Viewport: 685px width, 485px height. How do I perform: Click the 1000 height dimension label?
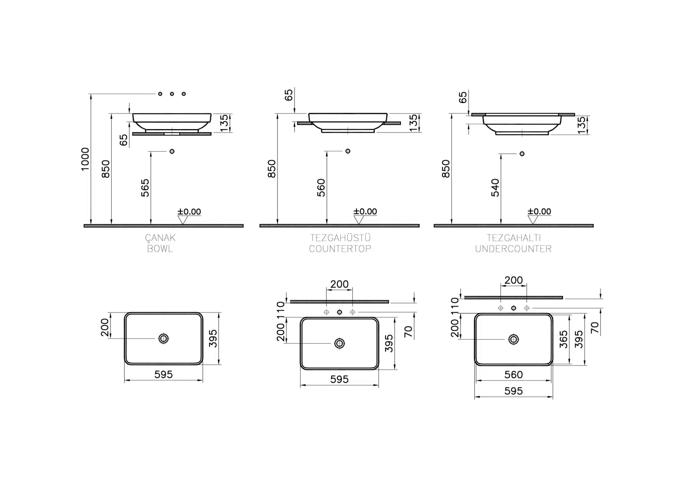85,159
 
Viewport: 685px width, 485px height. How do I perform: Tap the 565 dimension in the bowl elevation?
145,188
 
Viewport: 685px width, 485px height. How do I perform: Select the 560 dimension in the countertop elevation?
321,188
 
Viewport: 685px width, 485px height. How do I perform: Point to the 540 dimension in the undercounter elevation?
495,188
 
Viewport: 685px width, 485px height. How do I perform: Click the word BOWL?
160,249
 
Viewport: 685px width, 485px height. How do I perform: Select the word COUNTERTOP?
340,249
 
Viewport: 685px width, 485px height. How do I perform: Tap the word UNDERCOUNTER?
513,249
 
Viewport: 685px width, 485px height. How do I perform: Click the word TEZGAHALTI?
513,238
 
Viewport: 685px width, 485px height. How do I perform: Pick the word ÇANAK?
160,238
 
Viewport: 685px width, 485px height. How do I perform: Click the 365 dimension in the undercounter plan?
564,339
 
